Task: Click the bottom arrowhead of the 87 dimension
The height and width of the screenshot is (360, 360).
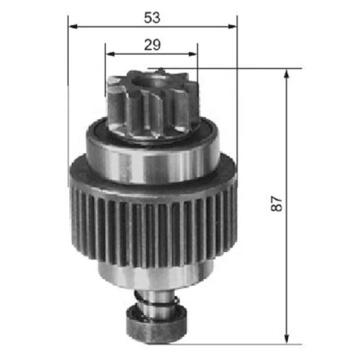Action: [x=288, y=337]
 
